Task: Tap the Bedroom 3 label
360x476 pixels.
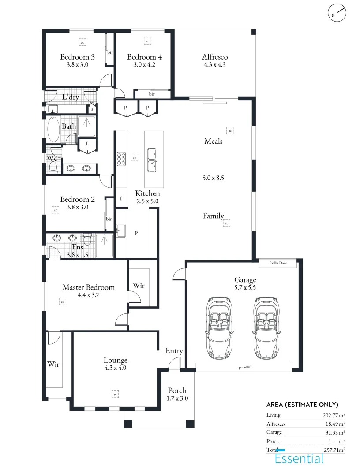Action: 78,57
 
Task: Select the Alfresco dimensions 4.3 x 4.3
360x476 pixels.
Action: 215,65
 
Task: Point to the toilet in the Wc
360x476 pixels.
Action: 53,167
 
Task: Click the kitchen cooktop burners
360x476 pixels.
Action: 121,159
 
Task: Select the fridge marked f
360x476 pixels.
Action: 121,198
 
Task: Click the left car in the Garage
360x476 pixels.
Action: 219,327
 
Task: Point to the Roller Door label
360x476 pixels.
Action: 278,263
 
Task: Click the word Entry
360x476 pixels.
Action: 174,351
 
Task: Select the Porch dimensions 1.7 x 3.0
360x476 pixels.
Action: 177,398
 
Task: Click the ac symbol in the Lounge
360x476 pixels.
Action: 115,393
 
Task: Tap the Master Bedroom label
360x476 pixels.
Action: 88,287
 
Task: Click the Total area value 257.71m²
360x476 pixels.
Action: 334,450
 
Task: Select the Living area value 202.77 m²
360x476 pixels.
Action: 334,415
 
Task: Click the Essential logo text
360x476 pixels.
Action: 299,459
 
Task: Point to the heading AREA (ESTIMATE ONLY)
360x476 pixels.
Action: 302,405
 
